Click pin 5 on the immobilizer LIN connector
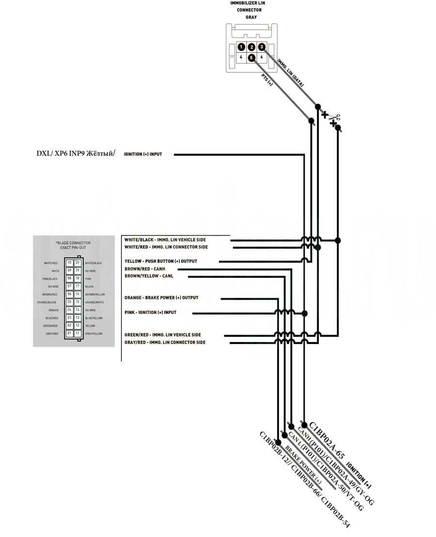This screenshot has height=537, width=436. coord(251,58)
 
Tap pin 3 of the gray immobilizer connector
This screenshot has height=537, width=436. coord(262,47)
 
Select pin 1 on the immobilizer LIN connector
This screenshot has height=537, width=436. coord(241,47)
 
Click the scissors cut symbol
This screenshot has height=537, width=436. coord(334,117)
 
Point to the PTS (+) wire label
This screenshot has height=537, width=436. coord(267,81)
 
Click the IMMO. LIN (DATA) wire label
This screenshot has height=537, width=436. coord(290,73)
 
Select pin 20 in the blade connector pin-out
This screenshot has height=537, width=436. coord(77,262)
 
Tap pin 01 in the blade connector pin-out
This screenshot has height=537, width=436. coord(69,333)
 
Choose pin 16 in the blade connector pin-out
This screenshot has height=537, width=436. coord(77,294)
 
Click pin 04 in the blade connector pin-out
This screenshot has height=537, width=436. coord(69,309)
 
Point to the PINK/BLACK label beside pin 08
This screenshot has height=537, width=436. coord(50,278)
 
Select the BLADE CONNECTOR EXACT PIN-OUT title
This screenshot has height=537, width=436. coord(73,245)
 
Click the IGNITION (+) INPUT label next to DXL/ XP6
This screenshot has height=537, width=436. coord(143,154)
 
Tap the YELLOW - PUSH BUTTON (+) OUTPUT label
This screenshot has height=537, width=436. coord(160,261)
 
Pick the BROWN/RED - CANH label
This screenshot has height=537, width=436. coord(145,269)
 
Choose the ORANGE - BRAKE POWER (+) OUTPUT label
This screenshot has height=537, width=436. coord(161,297)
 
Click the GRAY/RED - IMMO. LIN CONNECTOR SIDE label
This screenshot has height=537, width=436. coord(165,342)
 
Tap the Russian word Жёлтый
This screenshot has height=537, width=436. coord(101,154)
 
